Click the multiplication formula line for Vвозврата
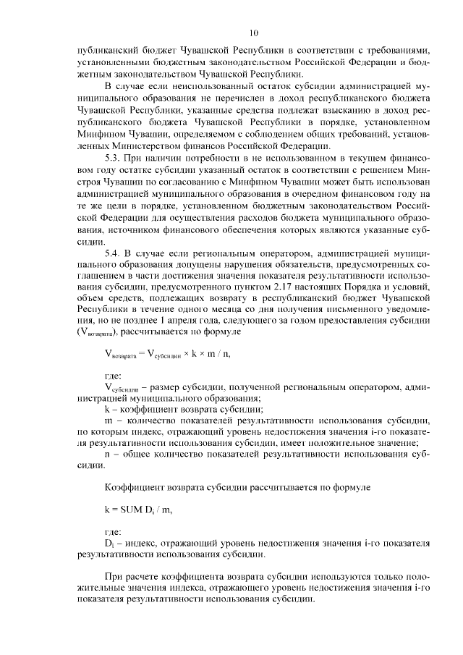(170, 354)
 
